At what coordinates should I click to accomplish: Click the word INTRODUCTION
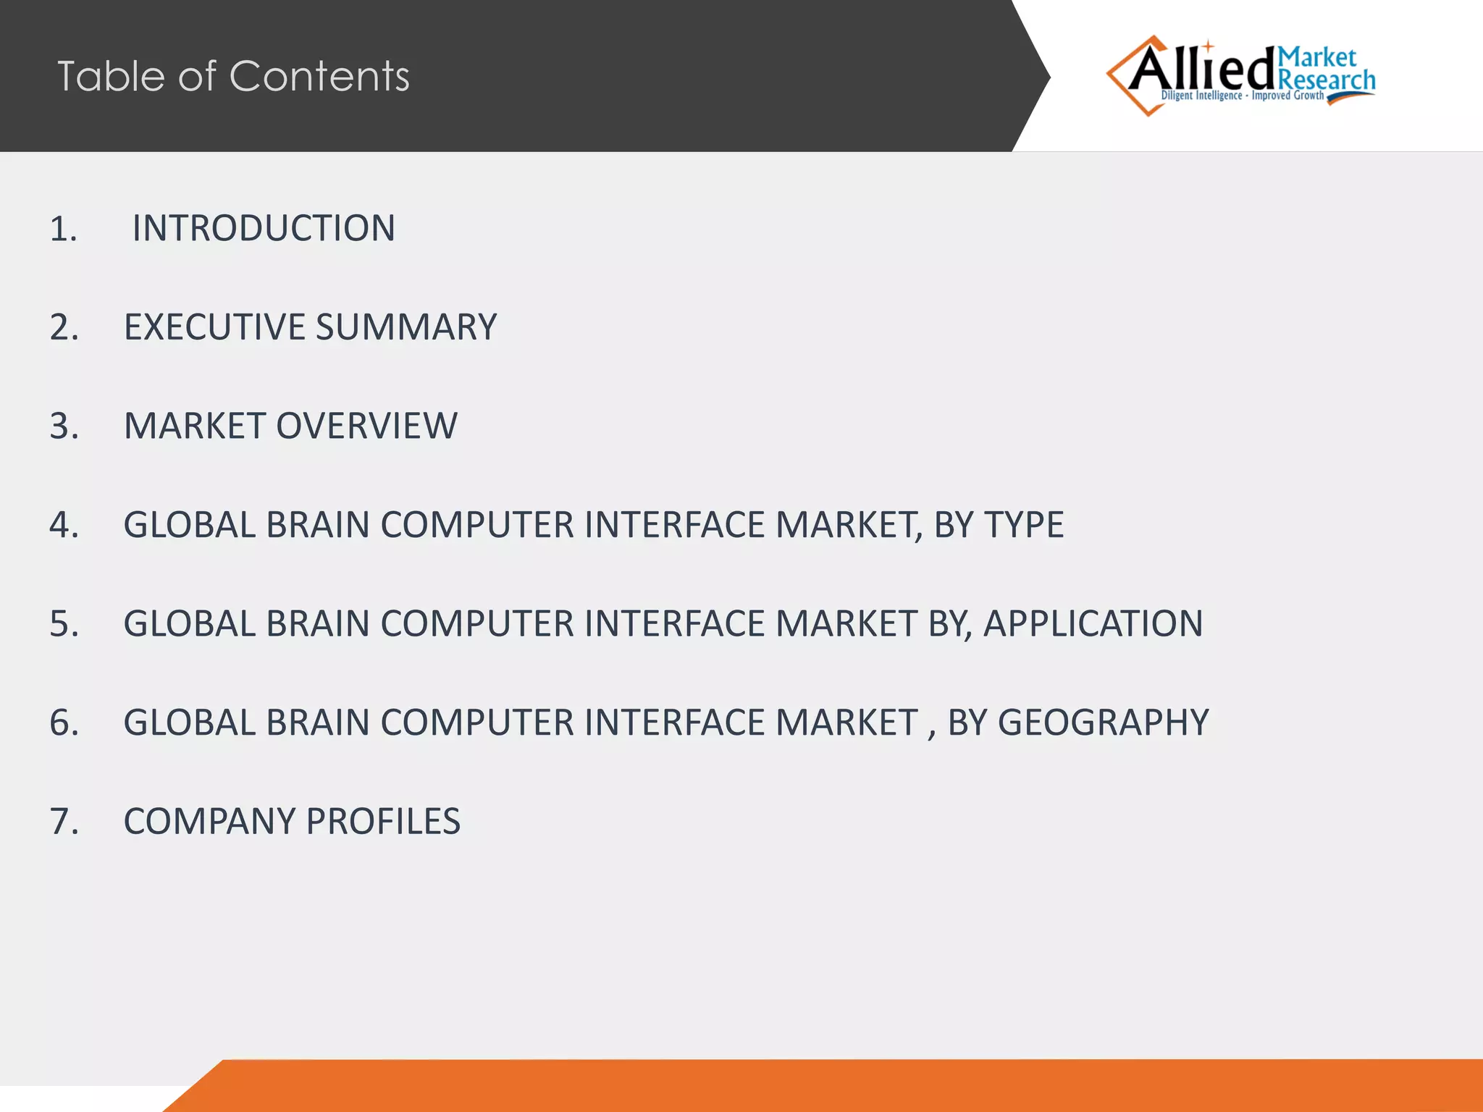(264, 228)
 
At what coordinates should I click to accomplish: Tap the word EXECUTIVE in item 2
(214, 327)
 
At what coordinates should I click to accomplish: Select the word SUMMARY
(406, 327)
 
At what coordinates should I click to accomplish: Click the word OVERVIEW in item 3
(366, 426)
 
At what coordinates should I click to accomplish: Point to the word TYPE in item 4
(1022, 525)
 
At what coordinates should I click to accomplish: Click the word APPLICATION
(1093, 624)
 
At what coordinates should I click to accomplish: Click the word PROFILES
(383, 822)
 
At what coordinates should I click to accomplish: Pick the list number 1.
(63, 229)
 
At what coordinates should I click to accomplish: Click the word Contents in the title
(319, 76)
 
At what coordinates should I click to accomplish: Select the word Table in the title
(112, 76)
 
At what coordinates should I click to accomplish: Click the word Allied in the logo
(1201, 70)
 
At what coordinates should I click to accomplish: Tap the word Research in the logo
(1327, 80)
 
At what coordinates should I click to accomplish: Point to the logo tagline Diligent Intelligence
(1201, 96)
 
